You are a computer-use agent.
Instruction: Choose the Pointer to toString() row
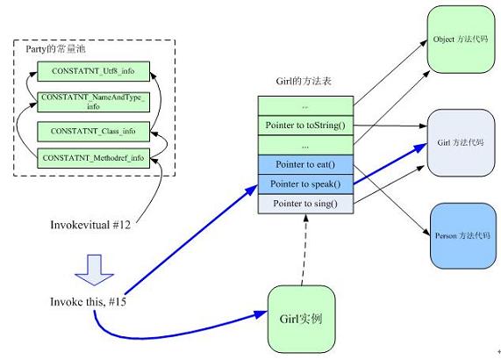tap(305, 126)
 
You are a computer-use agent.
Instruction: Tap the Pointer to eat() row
tap(305, 165)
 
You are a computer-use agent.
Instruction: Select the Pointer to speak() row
tap(305, 184)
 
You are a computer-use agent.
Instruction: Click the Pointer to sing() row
tap(305, 204)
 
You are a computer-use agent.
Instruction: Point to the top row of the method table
tap(305, 105)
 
